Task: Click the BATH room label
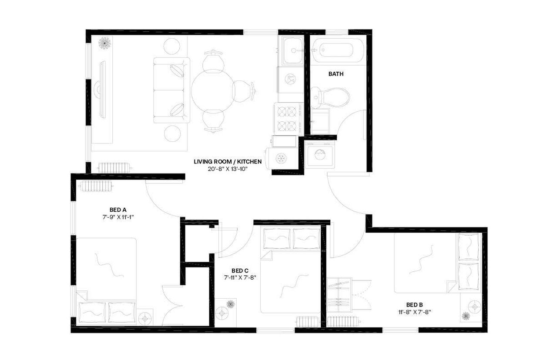[x=336, y=74]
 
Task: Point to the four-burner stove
[x=287, y=119]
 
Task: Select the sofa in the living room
[x=171, y=90]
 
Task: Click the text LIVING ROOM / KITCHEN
[x=228, y=162]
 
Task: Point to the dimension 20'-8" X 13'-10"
[x=228, y=169]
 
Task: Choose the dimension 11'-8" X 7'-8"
[x=415, y=312]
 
